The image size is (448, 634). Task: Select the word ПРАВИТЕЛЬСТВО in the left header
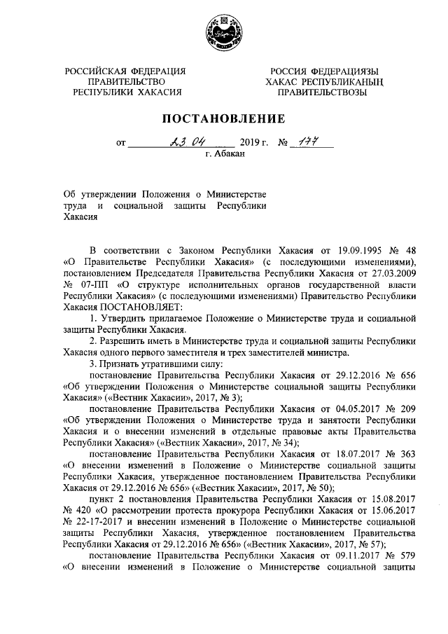coord(126,81)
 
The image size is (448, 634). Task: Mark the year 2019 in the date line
coord(250,143)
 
